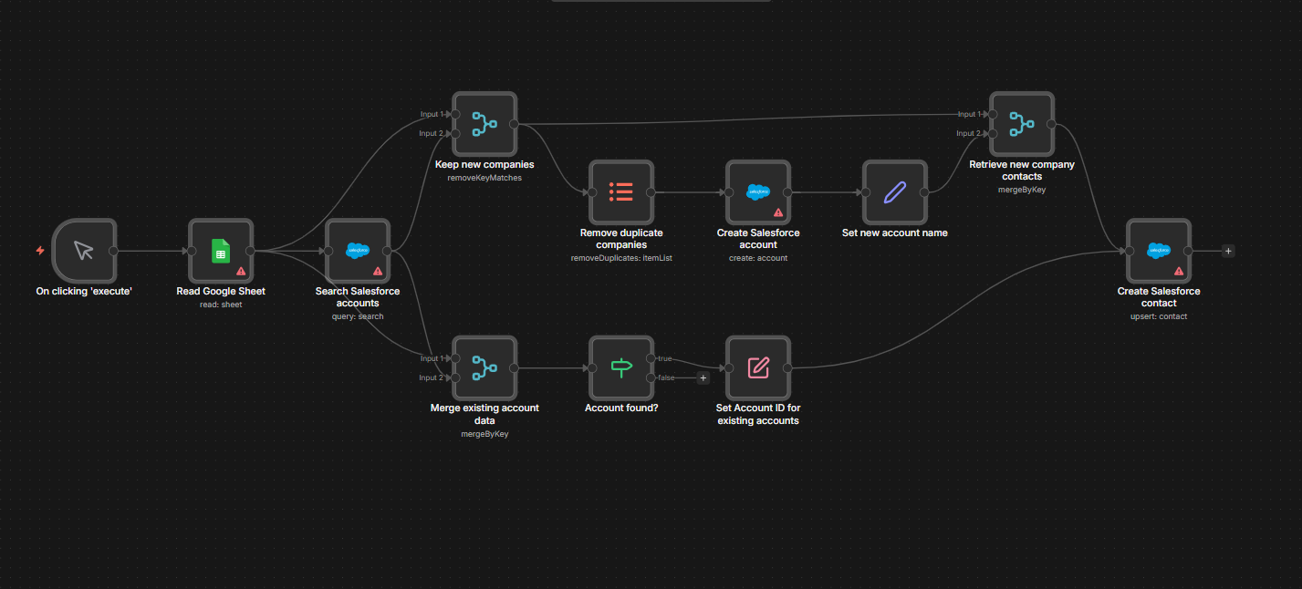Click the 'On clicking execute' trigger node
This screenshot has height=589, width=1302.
pos(84,250)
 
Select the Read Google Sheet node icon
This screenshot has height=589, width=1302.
pos(221,250)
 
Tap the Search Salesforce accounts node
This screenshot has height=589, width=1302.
pos(358,250)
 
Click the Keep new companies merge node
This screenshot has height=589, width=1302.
pos(484,123)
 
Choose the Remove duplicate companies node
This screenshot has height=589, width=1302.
pos(621,192)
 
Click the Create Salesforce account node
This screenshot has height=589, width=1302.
pos(758,192)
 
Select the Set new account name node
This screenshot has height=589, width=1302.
pos(895,192)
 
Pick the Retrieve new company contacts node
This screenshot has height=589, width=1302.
pos(1021,123)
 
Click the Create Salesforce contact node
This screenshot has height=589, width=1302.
pos(1158,250)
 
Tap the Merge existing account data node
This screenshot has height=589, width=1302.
pos(484,367)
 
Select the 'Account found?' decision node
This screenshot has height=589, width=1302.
pos(621,367)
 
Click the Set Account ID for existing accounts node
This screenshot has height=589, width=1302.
pos(758,367)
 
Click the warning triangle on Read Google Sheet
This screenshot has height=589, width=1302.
pos(241,271)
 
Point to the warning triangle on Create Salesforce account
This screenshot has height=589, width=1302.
pos(778,212)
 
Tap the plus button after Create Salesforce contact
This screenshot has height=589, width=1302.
pos(1228,251)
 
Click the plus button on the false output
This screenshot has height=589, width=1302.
pos(703,377)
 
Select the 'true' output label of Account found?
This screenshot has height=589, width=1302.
pos(664,358)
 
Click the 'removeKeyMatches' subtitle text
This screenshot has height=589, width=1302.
pos(484,178)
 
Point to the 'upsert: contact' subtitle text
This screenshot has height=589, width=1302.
pos(1159,316)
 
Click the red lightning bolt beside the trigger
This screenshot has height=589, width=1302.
pos(40,250)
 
